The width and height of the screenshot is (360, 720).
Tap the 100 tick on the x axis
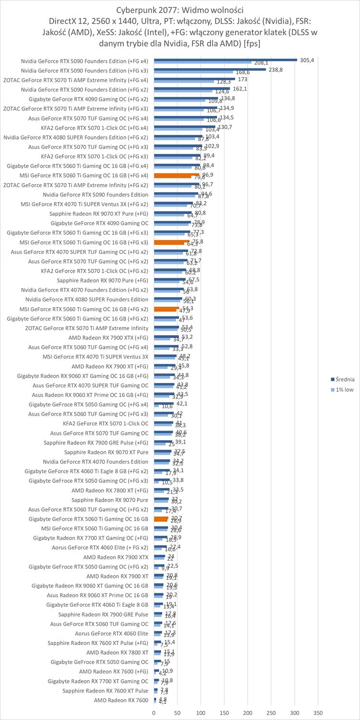(x=201, y=713)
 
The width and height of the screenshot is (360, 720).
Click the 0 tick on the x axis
(x=154, y=713)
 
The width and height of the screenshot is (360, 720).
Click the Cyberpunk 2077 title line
(x=180, y=10)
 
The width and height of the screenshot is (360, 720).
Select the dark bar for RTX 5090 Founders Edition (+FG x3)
(x=210, y=69)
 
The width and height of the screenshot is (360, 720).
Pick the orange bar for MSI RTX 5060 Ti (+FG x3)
(x=172, y=242)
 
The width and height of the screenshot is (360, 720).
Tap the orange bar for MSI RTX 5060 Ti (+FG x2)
(x=167, y=309)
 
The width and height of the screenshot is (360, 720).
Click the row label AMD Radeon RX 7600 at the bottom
(x=121, y=700)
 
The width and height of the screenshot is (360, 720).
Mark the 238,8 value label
(x=276, y=70)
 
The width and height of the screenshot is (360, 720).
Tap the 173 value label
(x=242, y=79)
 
